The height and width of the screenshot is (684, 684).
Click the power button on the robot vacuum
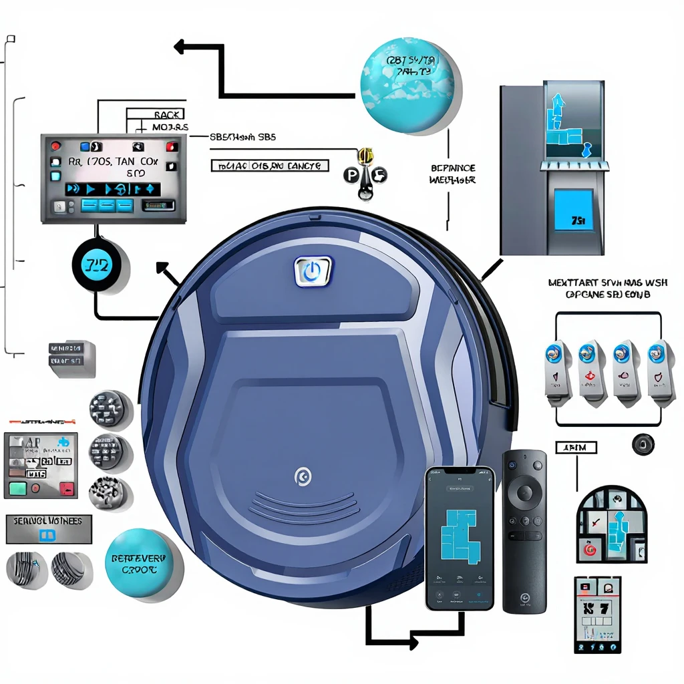click(x=311, y=273)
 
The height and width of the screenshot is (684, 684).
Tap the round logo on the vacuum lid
click(x=303, y=476)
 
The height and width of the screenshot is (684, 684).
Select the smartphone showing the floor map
click(x=460, y=538)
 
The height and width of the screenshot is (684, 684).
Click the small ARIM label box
click(x=576, y=447)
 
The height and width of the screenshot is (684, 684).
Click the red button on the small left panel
click(x=66, y=488)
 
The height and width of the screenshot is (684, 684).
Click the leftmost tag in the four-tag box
click(x=557, y=371)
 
